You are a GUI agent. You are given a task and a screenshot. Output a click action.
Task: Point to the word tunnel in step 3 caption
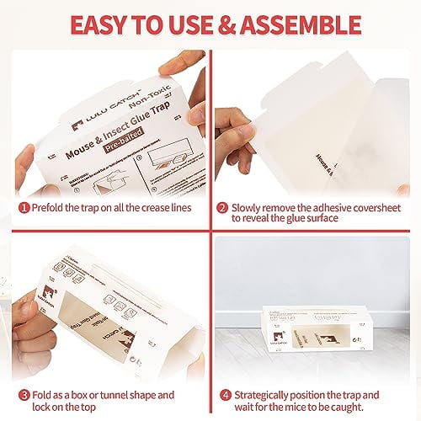click(x=109, y=371)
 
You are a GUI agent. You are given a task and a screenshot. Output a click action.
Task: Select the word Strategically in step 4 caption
click(x=263, y=371)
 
